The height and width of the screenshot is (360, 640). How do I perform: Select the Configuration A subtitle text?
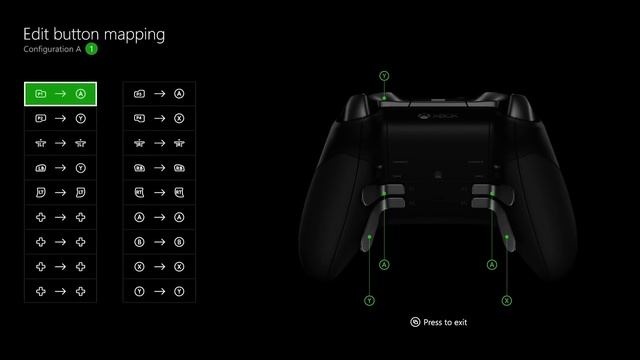click(x=52, y=48)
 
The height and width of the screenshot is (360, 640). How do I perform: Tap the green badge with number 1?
click(x=91, y=48)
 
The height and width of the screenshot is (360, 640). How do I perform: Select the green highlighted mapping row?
click(x=61, y=93)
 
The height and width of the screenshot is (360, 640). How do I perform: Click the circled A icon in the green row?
click(x=81, y=93)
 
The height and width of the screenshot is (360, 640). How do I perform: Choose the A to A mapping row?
click(x=159, y=216)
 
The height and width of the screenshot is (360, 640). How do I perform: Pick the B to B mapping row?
click(x=159, y=241)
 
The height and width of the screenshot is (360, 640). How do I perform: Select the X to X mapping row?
click(x=159, y=266)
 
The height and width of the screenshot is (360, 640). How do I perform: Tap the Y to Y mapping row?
click(x=159, y=291)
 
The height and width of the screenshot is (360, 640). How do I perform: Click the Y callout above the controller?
click(x=384, y=75)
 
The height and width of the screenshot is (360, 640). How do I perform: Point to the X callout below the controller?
click(x=506, y=300)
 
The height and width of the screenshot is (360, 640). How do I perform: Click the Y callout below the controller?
click(x=370, y=300)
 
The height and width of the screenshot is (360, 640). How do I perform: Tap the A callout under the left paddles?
click(x=384, y=265)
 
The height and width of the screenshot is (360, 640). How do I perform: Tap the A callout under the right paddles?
click(x=491, y=265)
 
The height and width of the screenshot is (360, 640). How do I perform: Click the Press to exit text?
click(x=445, y=322)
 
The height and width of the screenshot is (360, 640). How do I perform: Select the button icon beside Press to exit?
click(x=415, y=322)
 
